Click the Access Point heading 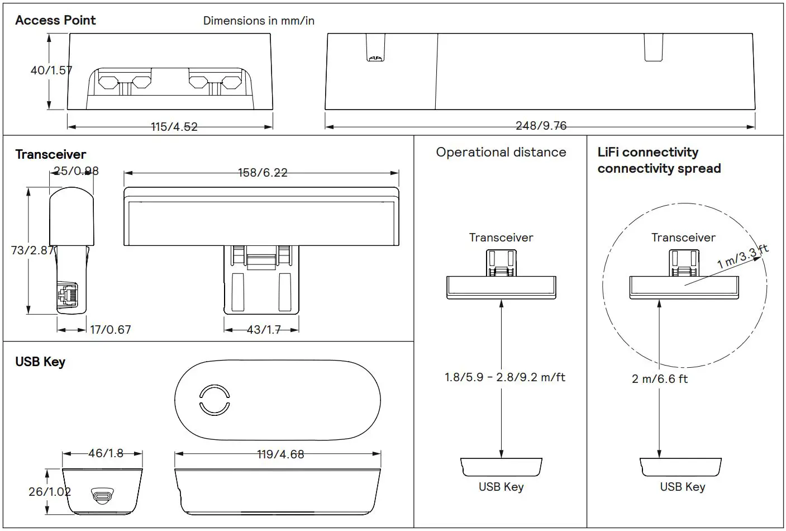[x=55, y=20]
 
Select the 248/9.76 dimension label [x=540, y=126]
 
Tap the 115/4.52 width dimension [x=174, y=127]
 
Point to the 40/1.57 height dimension [x=51, y=70]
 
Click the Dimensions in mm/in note [x=258, y=21]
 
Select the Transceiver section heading [x=51, y=154]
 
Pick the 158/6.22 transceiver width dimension [x=263, y=173]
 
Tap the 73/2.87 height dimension [x=32, y=250]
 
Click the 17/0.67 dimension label [x=111, y=330]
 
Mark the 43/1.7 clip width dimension [x=264, y=330]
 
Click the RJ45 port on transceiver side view [x=67, y=295]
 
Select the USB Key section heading [x=40, y=362]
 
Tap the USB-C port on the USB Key [x=102, y=495]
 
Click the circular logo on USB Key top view [x=214, y=400]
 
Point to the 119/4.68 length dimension [x=280, y=454]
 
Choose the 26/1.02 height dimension [x=49, y=492]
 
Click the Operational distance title [x=501, y=153]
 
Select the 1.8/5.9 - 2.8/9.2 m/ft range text [x=504, y=377]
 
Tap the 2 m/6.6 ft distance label [x=659, y=379]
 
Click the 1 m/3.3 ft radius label [x=742, y=257]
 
